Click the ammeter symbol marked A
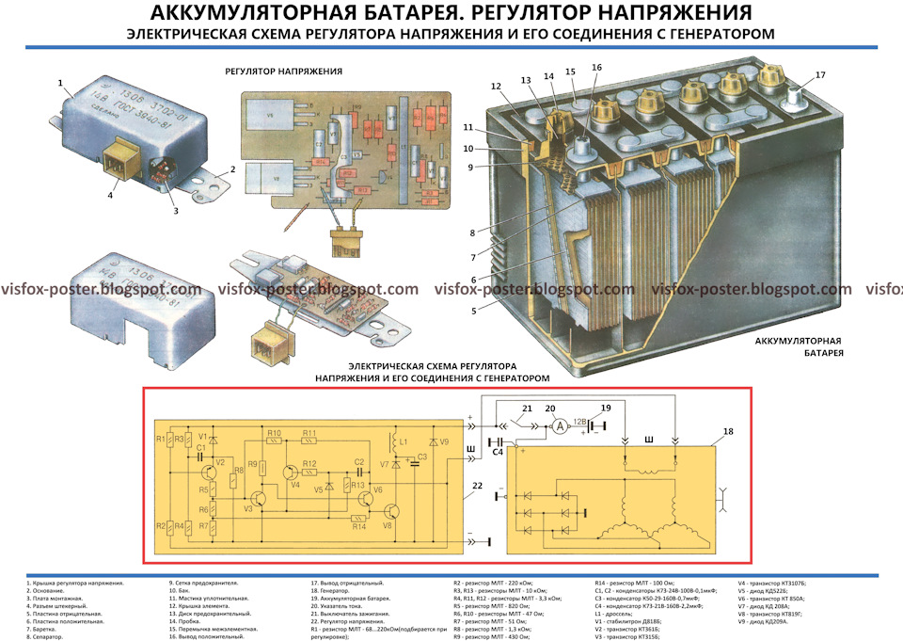click(556, 425)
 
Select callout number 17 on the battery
click(819, 74)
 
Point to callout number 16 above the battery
click(596, 68)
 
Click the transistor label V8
click(387, 527)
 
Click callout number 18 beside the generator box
click(727, 432)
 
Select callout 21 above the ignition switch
click(527, 408)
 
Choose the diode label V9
click(444, 441)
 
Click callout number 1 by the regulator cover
click(60, 83)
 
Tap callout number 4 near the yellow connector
click(110, 195)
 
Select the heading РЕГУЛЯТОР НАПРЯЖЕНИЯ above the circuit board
click(283, 72)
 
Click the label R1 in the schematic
click(161, 439)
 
